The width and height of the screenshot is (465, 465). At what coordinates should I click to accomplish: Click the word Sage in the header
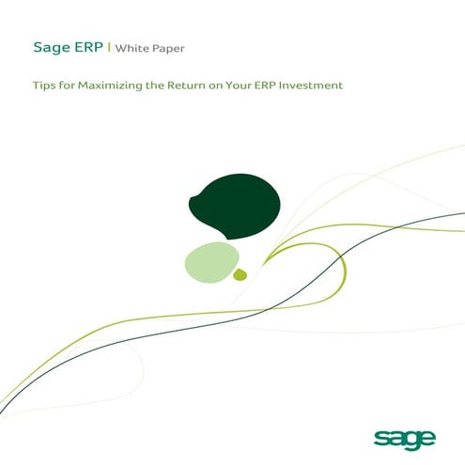click(51, 47)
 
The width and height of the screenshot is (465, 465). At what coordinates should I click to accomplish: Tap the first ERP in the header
click(89, 47)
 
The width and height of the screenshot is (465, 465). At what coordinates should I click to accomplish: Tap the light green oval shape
click(210, 260)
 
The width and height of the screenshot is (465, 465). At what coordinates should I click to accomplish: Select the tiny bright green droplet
click(240, 273)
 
